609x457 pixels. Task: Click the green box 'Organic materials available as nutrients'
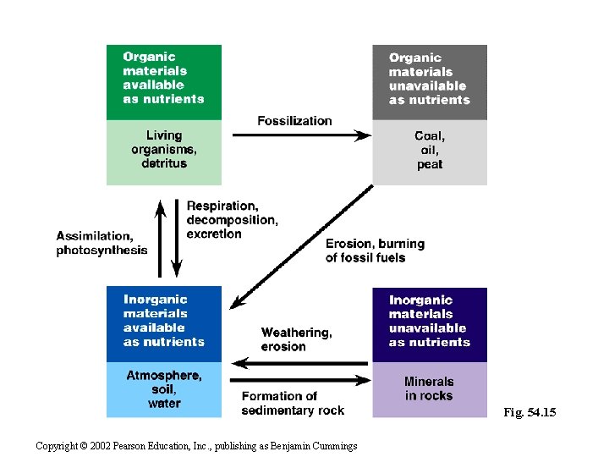(163, 82)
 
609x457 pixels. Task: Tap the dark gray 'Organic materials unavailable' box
(430, 82)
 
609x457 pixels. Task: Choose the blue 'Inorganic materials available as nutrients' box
(163, 324)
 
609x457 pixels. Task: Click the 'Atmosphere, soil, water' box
(163, 389)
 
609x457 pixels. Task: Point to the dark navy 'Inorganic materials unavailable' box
(430, 324)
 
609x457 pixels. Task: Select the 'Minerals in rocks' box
(430, 389)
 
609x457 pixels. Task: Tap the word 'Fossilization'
(294, 121)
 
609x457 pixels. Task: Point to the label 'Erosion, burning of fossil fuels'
(375, 251)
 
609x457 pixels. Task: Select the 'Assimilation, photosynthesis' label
(101, 243)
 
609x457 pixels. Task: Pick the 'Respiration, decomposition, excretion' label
(231, 219)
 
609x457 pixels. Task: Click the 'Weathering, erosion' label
(296, 339)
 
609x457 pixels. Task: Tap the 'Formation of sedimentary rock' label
(293, 403)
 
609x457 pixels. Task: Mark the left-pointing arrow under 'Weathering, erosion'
(299, 363)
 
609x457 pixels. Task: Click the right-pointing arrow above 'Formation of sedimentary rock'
(299, 380)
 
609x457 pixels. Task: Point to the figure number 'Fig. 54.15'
(529, 412)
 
